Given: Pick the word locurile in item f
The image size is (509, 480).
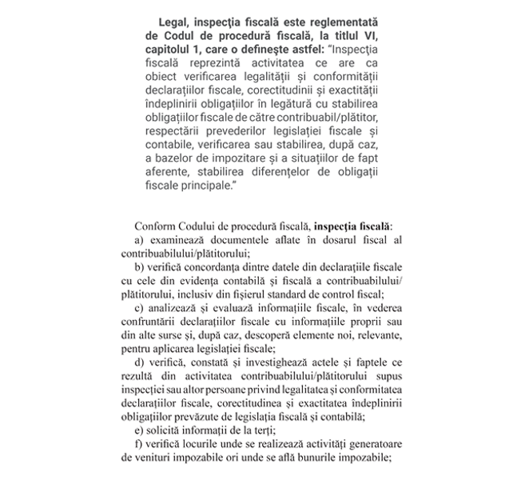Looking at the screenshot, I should (207, 444).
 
